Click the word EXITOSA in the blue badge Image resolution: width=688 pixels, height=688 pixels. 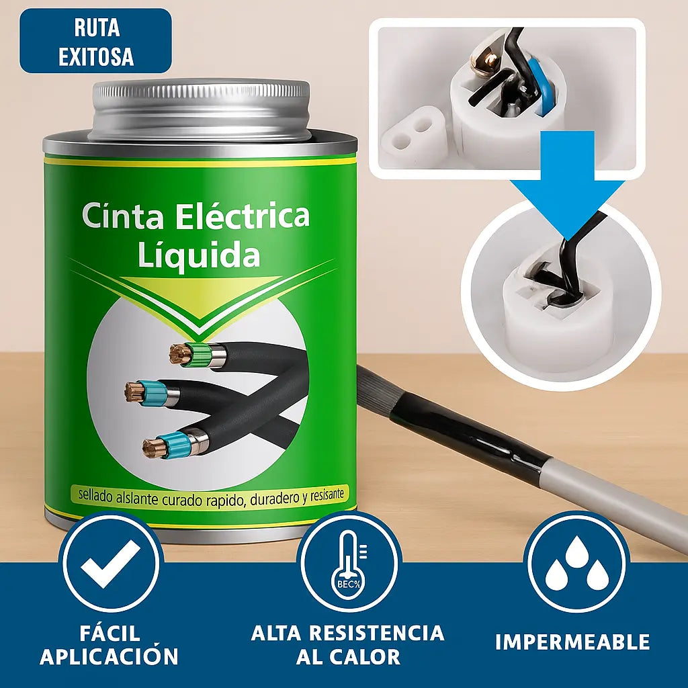96,56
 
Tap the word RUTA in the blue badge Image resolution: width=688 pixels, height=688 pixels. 96,28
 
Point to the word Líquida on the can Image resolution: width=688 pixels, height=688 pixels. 199,255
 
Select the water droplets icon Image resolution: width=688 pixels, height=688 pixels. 576,562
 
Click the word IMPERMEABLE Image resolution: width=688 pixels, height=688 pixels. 572,642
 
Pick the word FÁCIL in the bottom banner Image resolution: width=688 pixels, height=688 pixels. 110,633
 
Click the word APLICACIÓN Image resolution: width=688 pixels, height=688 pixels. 110,656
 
